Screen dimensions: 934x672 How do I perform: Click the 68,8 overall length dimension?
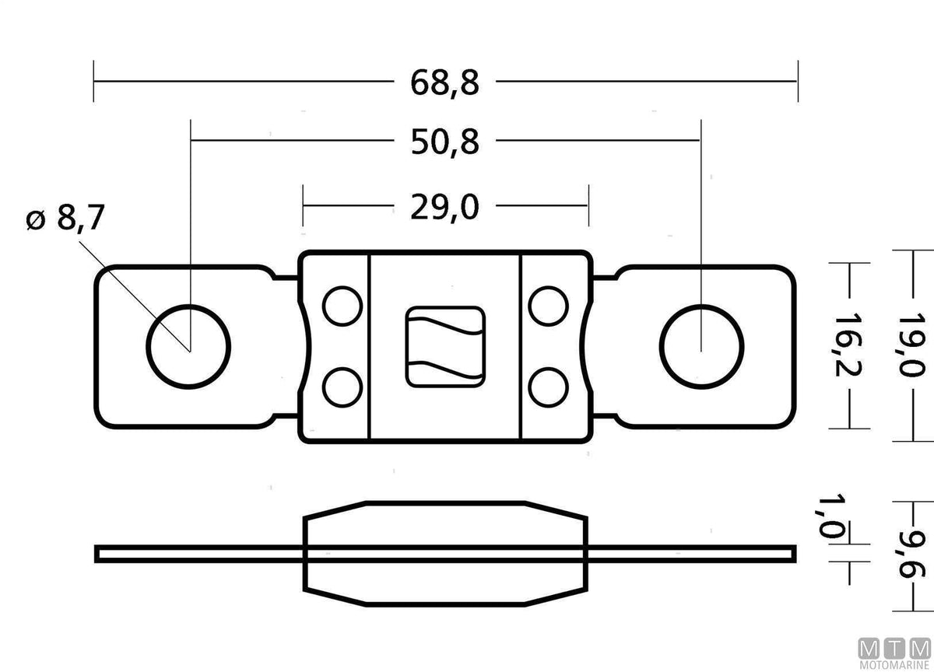pos(444,83)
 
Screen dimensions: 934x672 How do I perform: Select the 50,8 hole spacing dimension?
pos(444,142)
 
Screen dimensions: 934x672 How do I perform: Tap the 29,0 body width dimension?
pos(444,207)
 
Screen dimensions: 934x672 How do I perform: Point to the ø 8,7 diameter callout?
pos(65,218)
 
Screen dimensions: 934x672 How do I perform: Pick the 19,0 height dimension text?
pos(911,345)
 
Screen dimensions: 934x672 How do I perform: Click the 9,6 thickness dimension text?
pos(912,554)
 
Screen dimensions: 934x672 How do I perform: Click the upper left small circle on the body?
pos(342,306)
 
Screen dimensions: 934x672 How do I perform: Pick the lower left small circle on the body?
pos(342,387)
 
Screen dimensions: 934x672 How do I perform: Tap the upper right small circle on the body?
pos(548,306)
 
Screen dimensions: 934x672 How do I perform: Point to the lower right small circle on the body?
pos(548,387)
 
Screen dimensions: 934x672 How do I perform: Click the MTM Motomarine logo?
pos(895,655)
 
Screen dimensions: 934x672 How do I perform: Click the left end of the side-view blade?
pos(97,554)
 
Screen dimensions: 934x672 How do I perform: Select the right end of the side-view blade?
pos(794,554)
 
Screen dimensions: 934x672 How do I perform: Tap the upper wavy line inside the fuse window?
pos(445,326)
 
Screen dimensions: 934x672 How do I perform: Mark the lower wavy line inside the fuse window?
pos(445,370)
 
